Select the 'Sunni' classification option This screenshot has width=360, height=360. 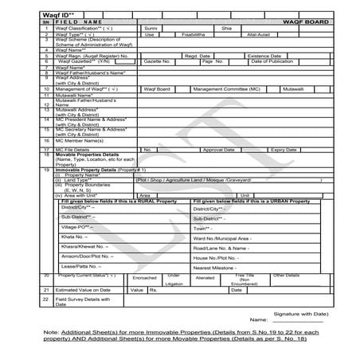[x=152, y=28]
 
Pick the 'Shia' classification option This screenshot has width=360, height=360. [x=225, y=28]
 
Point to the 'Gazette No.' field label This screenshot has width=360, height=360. [x=159, y=61]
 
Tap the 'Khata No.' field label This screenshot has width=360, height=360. [x=75, y=237]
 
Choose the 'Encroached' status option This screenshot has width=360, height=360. [x=144, y=278]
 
